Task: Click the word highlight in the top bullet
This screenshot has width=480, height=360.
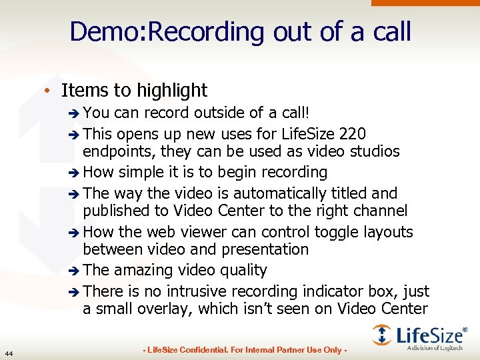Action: pos(171,90)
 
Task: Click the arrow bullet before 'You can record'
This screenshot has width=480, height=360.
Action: pos(74,114)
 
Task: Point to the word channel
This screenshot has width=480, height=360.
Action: pos(389,211)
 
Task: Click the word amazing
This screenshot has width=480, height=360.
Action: pos(142,270)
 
